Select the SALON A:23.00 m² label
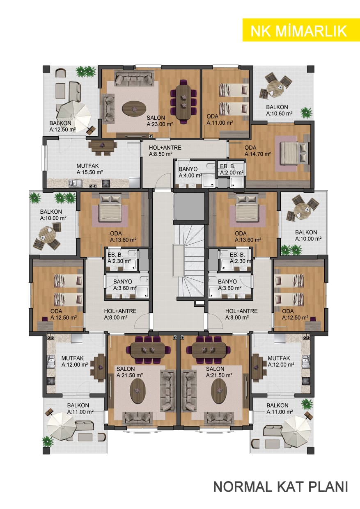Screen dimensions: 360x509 [160, 121]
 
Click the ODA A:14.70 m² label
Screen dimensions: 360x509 [258, 151]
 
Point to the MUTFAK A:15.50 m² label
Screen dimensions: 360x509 [89, 169]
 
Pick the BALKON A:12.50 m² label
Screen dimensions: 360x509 [62, 126]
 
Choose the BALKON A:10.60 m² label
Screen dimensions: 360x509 [279, 110]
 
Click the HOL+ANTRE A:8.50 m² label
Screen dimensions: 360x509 [165, 151]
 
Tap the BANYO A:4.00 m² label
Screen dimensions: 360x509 [190, 172]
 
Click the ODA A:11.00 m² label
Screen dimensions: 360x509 [220, 119]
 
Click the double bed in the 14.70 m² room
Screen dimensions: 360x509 [294, 153]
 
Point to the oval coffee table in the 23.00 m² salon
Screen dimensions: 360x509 [134, 109]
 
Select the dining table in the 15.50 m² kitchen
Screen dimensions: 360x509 [102, 147]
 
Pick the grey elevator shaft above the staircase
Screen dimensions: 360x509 [189, 206]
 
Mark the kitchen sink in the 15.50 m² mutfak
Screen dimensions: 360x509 [75, 183]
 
